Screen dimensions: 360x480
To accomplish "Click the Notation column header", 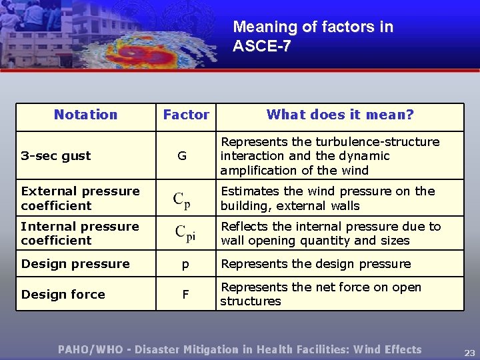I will coord(85,115).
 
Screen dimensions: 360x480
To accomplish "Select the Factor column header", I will coord(186,115).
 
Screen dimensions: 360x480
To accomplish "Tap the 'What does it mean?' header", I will coord(340,115).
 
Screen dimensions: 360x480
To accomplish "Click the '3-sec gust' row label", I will coord(56,156).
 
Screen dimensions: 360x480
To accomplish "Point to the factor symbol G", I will coord(182,156).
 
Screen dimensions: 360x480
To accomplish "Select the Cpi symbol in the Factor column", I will coord(185,233).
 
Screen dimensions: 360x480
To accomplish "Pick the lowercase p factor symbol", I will coord(185,265).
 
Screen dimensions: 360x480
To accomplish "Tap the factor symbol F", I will coord(185,294).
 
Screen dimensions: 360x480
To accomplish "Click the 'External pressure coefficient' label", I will coord(80,198).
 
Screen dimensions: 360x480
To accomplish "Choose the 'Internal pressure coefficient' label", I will coord(80,233).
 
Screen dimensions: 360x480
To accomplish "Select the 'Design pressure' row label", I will coord(75,264).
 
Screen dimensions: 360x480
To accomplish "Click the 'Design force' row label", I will coord(63,294).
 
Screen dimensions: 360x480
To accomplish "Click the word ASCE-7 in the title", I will coord(261,47).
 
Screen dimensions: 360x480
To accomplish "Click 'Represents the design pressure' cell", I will coord(316,264).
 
